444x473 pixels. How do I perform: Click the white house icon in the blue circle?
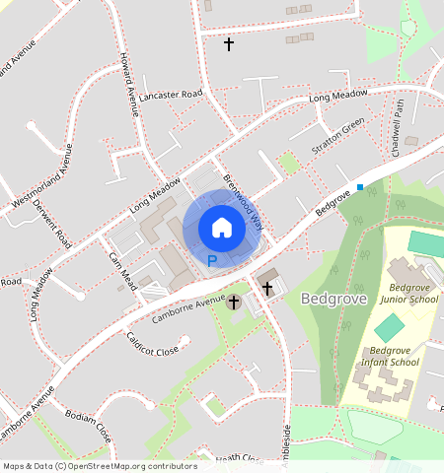tap(222, 228)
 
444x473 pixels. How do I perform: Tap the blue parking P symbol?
tap(211, 261)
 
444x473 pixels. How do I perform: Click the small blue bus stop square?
tap(360, 186)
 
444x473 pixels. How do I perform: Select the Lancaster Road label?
tap(170, 95)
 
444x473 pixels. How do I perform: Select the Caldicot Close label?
tap(152, 344)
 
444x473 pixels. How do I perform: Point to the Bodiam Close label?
tap(87, 422)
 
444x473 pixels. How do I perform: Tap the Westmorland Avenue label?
tap(41, 177)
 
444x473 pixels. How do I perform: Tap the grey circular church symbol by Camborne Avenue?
tap(234, 302)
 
